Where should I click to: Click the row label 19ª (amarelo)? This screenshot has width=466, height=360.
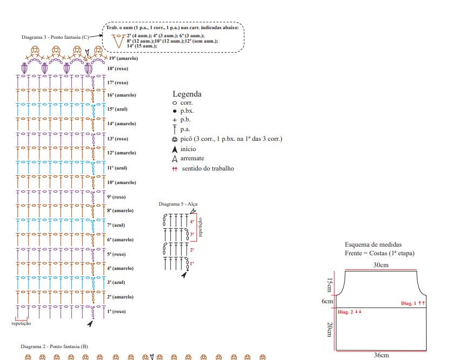(123, 58)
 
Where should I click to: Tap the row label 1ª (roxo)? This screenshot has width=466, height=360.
(116, 311)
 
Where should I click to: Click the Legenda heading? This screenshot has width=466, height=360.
(187, 94)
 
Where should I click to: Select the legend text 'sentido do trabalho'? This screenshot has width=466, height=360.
(208, 168)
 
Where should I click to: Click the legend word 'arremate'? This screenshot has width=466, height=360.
(193, 158)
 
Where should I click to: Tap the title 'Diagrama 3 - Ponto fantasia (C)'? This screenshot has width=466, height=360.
(55, 37)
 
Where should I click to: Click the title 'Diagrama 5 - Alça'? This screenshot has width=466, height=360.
(178, 204)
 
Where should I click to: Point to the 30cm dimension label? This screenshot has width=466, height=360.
(380, 265)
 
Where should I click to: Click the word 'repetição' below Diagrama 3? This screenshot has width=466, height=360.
(22, 323)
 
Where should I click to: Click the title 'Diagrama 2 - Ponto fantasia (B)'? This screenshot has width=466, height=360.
(54, 346)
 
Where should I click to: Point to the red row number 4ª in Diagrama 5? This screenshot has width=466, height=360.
(192, 222)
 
